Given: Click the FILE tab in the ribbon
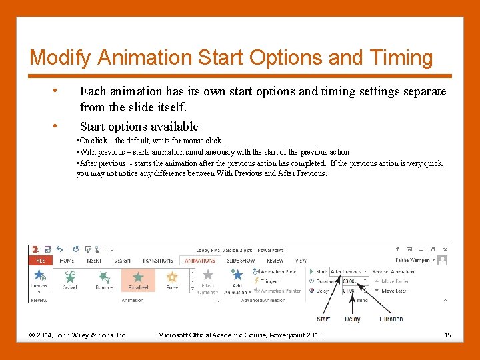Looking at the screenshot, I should pos(40,261).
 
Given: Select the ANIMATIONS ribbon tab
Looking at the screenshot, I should pos(199,261).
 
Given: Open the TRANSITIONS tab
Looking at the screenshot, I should pos(157,261).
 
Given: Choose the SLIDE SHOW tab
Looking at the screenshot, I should pos(240,261).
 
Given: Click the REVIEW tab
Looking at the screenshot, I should pos(275,261).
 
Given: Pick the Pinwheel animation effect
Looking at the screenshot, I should pos(138,279).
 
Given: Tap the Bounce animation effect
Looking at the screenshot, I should pos(104,277).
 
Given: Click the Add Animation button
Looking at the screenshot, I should pos(236,281).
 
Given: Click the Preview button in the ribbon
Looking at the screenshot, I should pos(39,279).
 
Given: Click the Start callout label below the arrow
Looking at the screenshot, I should pos(323,319).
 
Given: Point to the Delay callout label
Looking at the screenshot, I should pos(353,319).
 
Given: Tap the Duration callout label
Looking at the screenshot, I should pos(391,319).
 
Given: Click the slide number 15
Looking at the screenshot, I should pos(447,335).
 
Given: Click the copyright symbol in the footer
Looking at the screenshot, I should pos(32,335).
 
